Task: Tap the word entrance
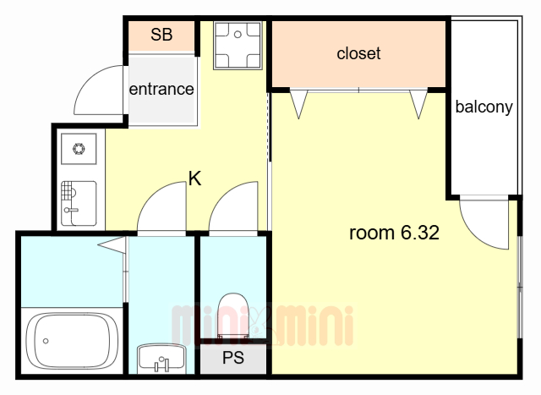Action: click(x=161, y=89)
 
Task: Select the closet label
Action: click(x=358, y=53)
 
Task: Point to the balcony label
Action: click(x=484, y=107)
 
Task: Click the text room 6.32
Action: click(x=394, y=233)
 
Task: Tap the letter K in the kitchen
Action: click(x=194, y=178)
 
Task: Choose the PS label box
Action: click(x=233, y=358)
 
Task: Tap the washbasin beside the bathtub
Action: click(x=161, y=359)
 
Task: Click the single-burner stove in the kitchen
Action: click(x=79, y=150)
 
